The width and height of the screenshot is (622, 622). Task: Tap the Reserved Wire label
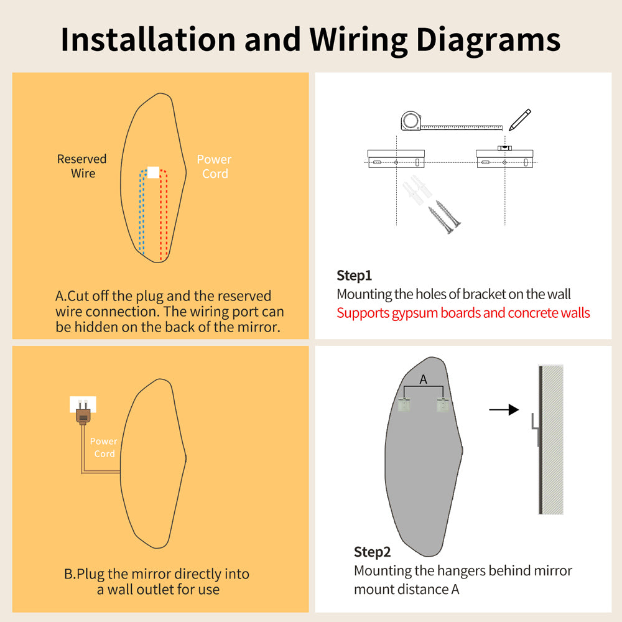pos(82,166)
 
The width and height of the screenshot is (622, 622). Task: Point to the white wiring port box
pos(153,172)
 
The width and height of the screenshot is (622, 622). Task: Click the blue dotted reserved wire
pos(141,210)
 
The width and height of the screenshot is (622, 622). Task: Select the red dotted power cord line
pos(164,214)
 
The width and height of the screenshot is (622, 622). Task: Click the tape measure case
pos(411,121)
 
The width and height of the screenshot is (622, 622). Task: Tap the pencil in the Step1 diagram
pos(519,119)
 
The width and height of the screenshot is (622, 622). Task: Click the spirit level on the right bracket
pos(504,148)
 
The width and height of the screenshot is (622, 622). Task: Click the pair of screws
pos(445,216)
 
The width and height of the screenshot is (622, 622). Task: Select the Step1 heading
pos(355,276)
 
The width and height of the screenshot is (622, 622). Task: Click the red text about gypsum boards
pos(463,313)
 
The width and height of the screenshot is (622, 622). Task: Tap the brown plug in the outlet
pos(83,414)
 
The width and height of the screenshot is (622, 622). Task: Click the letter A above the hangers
pos(423,379)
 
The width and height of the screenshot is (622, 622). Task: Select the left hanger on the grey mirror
pos(404,404)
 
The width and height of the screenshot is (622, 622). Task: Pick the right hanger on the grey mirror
pos(443,404)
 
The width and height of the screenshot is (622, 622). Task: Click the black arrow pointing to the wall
pos(504,409)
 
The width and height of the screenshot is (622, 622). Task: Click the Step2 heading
pos(372,552)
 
